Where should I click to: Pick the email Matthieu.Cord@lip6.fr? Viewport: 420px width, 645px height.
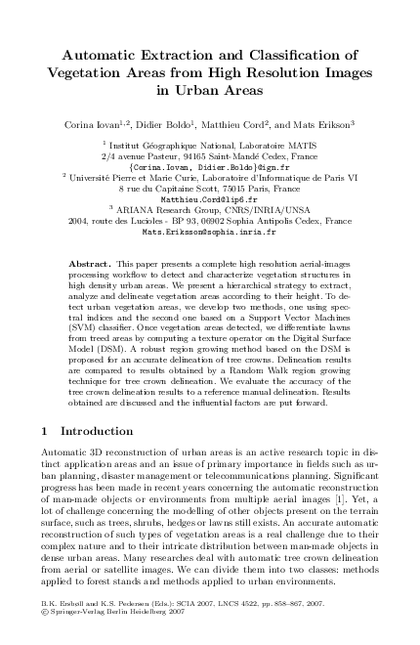click(209, 196)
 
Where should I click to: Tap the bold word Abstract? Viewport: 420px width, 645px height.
click(93, 265)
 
